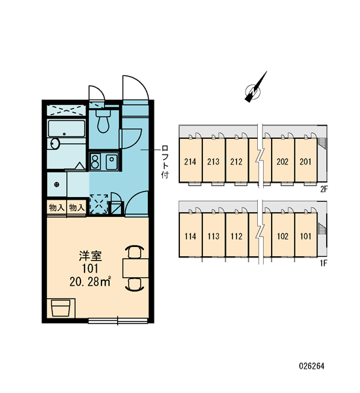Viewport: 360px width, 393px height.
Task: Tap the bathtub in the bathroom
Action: [x=67, y=129]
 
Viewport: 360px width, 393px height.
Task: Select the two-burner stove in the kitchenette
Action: [x=96, y=162]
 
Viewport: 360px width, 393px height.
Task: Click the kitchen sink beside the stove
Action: [x=111, y=162]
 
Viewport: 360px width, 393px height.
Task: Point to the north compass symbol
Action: [x=254, y=90]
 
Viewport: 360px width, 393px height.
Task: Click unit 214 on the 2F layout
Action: [x=190, y=162]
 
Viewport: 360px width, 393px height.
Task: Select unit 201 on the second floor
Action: [x=306, y=162]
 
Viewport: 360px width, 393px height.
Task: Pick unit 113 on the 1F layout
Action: [x=213, y=236]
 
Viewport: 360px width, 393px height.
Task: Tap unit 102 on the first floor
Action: [x=283, y=236]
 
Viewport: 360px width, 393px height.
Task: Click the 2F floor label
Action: [x=324, y=189]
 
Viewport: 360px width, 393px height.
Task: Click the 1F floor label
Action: [x=323, y=263]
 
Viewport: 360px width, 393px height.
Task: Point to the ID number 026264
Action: [x=312, y=366]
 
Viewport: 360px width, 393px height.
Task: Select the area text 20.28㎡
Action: [x=90, y=282]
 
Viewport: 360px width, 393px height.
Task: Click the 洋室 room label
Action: [x=90, y=256]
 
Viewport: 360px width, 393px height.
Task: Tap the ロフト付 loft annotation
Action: [x=165, y=161]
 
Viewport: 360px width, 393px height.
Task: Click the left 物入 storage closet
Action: [x=57, y=208]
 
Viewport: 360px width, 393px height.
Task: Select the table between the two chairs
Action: [x=135, y=269]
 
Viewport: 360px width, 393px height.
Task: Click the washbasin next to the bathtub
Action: [x=55, y=143]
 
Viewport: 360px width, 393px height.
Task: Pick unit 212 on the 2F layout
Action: [x=236, y=162]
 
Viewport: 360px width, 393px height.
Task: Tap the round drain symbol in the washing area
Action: [x=57, y=185]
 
